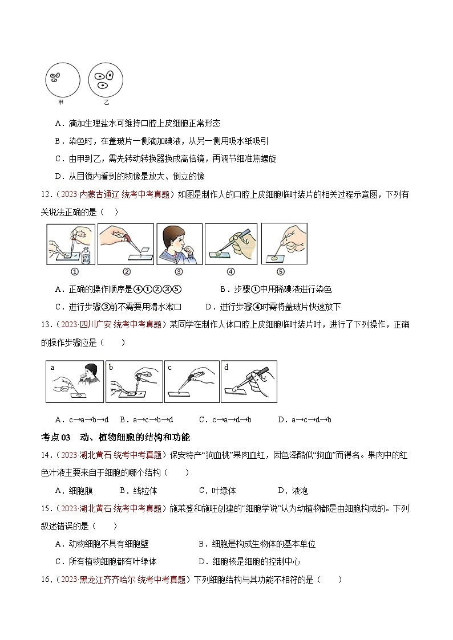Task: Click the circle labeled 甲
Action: (63, 80)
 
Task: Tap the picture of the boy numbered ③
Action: (179, 243)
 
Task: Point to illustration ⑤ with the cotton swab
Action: (284, 243)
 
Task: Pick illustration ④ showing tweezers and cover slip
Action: (230, 243)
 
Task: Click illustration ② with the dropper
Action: (126, 243)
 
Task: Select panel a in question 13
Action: (75, 381)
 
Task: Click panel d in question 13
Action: (249, 381)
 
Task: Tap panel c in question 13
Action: (191, 381)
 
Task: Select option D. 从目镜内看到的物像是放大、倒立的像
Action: (130, 176)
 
